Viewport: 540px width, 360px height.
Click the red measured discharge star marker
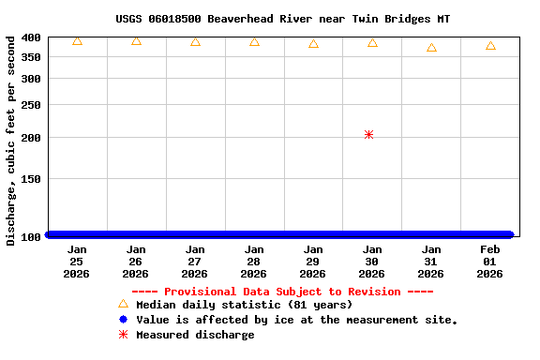point(368,135)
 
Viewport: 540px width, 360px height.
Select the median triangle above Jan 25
point(77,41)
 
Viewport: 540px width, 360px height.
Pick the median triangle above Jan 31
point(431,48)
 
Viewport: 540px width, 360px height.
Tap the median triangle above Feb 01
point(490,46)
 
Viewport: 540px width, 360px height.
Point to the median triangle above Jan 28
point(254,42)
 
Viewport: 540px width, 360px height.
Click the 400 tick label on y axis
point(31,37)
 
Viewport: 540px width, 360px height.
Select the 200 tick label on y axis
point(31,138)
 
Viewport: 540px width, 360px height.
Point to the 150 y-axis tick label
point(31,178)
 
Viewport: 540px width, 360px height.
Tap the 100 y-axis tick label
point(31,236)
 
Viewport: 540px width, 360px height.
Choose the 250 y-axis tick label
point(31,104)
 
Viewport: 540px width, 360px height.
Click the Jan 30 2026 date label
point(372,262)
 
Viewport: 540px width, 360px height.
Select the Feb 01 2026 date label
point(490,262)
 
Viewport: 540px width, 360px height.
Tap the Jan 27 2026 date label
point(195,262)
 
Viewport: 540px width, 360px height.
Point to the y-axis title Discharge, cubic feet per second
point(11,141)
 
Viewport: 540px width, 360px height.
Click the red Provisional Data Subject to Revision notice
point(282,292)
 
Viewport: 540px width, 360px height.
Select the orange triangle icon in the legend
point(123,304)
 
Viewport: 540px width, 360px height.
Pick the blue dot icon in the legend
point(123,320)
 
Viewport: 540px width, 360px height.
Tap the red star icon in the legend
point(123,335)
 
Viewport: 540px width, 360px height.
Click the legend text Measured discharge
point(195,335)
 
